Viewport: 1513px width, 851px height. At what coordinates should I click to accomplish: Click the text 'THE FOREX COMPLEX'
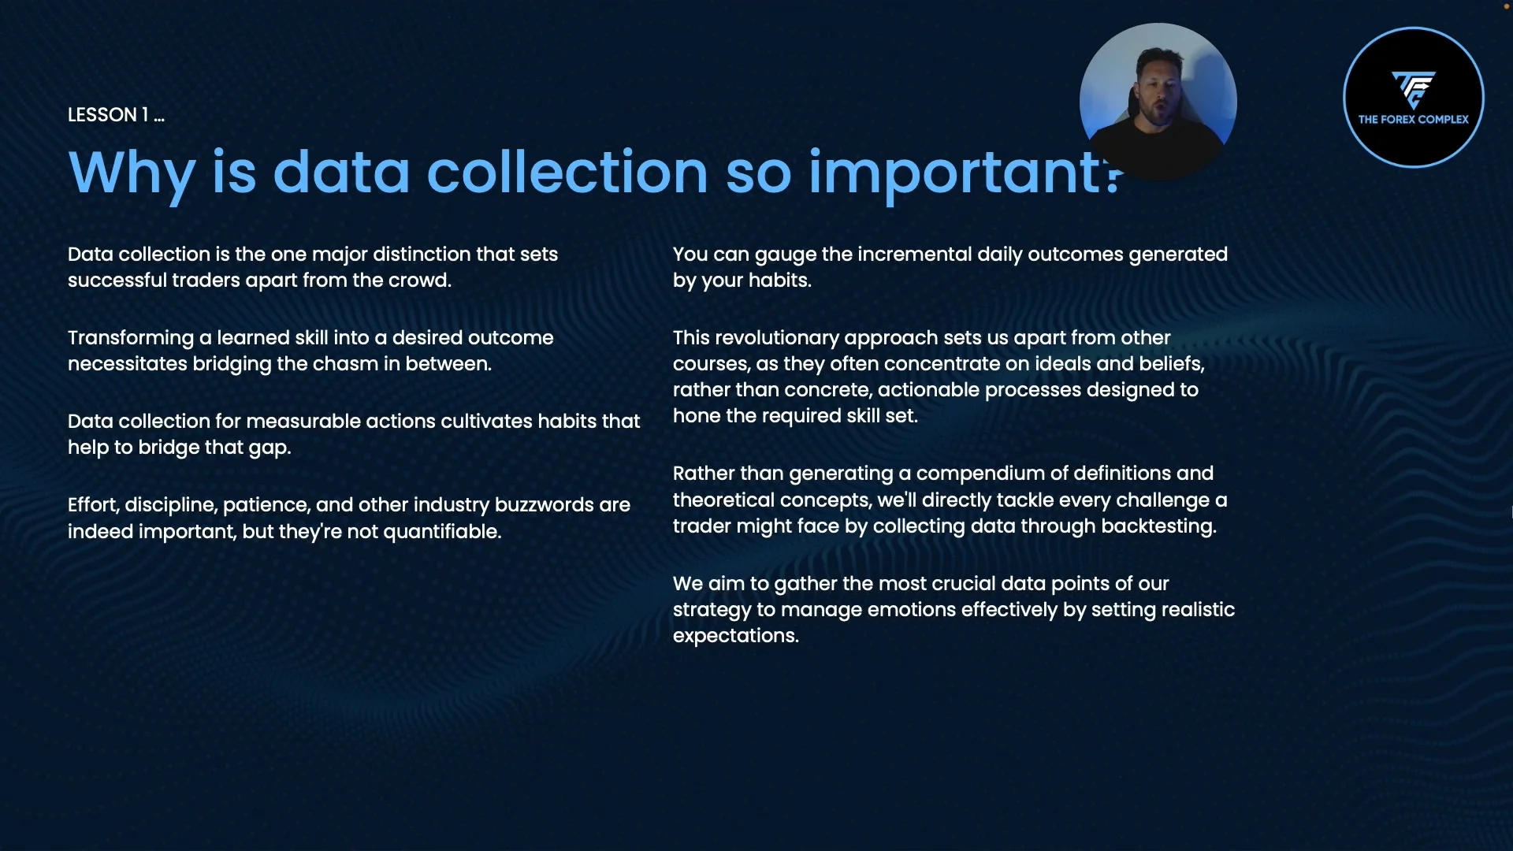(1414, 120)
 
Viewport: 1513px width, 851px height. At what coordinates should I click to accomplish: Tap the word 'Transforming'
(131, 339)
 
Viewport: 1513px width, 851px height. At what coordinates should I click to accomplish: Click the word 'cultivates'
(486, 422)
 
